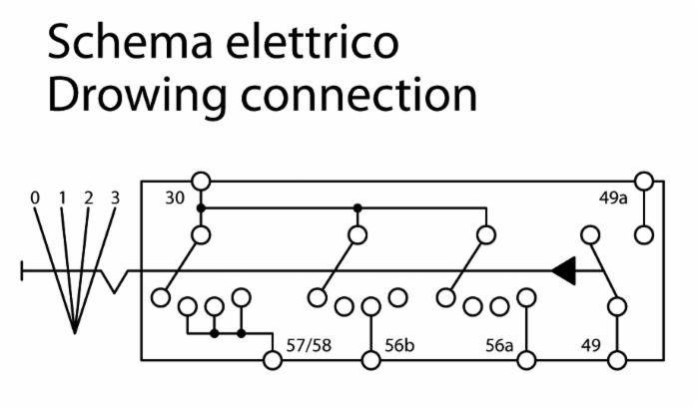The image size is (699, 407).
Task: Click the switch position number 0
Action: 35,198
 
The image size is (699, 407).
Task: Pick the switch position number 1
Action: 62,198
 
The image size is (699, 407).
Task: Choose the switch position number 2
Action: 88,198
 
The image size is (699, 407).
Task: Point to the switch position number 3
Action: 115,198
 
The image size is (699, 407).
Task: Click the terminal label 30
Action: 175,198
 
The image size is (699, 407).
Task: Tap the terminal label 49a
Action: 613,198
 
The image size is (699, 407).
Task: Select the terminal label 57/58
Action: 310,346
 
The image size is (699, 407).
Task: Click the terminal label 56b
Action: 400,346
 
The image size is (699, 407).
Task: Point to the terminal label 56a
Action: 499,346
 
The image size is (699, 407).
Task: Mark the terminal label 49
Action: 592,346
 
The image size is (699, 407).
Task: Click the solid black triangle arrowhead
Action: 564,270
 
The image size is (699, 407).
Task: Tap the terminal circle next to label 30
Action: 201,181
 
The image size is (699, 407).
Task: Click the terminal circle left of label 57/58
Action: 271,360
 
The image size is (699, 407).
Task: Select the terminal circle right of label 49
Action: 619,360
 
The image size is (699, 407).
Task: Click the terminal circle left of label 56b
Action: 370,360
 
